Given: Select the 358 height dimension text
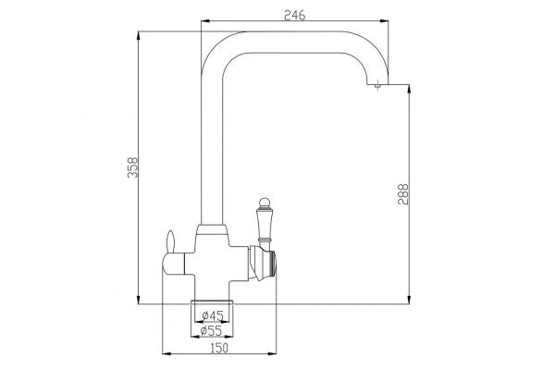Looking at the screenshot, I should point(131,167).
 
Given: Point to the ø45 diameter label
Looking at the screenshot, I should point(212,314).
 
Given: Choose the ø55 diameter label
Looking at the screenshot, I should point(212,329).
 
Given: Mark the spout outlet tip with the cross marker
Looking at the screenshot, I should point(378,86).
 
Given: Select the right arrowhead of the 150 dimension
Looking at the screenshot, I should point(275,352).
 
